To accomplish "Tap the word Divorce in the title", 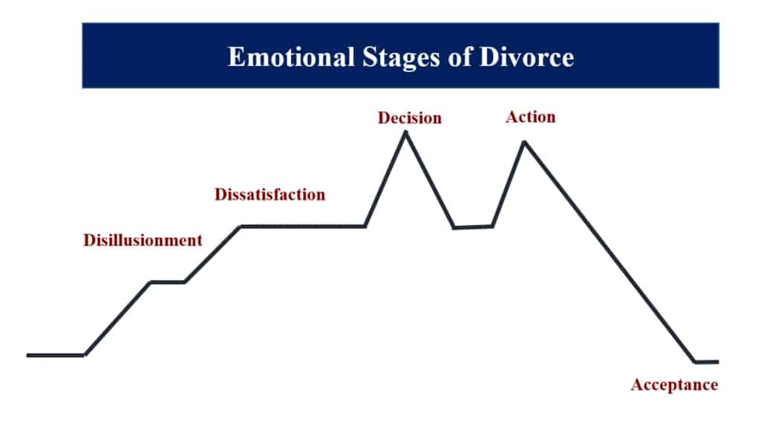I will coord(529,57).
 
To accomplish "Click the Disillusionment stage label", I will coord(143,240).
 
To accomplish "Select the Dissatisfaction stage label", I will coord(270,195).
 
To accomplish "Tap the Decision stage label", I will coord(409,118).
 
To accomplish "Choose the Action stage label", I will coord(530,117).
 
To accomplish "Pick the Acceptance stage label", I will coord(674,385).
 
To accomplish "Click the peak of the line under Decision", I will coord(405,132).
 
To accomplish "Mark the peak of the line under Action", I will coord(524,141).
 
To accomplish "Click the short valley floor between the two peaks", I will coord(473,226).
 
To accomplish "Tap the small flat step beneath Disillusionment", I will coord(168,282).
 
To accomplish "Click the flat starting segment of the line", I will coord(56,355).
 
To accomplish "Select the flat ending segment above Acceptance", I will coord(707,362).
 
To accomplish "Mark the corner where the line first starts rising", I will coord(85,355).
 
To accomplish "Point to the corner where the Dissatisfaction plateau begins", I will coord(240,226).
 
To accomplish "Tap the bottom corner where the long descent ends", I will coord(695,362).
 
